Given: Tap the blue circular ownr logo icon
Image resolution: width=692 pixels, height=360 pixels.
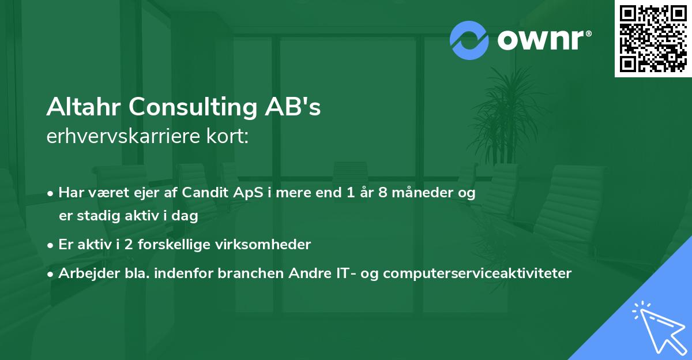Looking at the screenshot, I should [469, 40].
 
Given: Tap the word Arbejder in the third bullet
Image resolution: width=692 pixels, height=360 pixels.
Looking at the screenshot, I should [84, 273].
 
